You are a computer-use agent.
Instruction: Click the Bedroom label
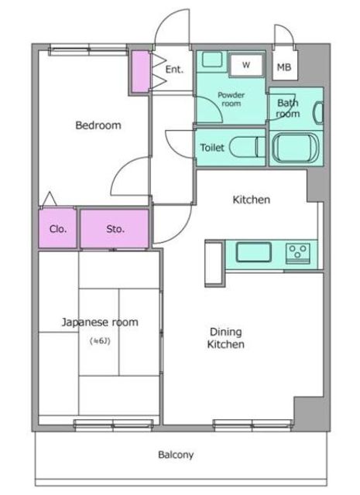coord(98,125)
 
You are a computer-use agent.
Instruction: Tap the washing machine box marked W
coord(246,65)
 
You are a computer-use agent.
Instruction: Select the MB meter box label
coord(284,67)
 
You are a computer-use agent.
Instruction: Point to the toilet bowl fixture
coord(247,147)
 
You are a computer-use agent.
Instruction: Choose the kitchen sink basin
coord(253,252)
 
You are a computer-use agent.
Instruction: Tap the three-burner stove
coord(298,253)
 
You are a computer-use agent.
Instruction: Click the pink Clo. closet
coord(57,228)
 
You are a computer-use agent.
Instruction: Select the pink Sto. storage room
coord(115,228)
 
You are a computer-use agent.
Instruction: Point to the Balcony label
coord(176,455)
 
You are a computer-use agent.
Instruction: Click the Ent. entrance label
coord(174,69)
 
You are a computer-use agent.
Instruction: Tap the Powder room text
coord(231,99)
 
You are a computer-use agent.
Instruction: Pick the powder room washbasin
coord(212,60)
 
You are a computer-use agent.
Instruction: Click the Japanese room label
coord(100,323)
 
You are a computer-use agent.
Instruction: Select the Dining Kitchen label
coord(225,338)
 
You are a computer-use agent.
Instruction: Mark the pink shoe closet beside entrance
coord(140,72)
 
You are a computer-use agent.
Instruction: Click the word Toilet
coord(212,148)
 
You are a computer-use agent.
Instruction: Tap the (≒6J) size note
coord(100,341)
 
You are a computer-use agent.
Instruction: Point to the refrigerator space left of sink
coord(214,265)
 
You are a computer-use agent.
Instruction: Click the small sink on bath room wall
coord(318,113)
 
